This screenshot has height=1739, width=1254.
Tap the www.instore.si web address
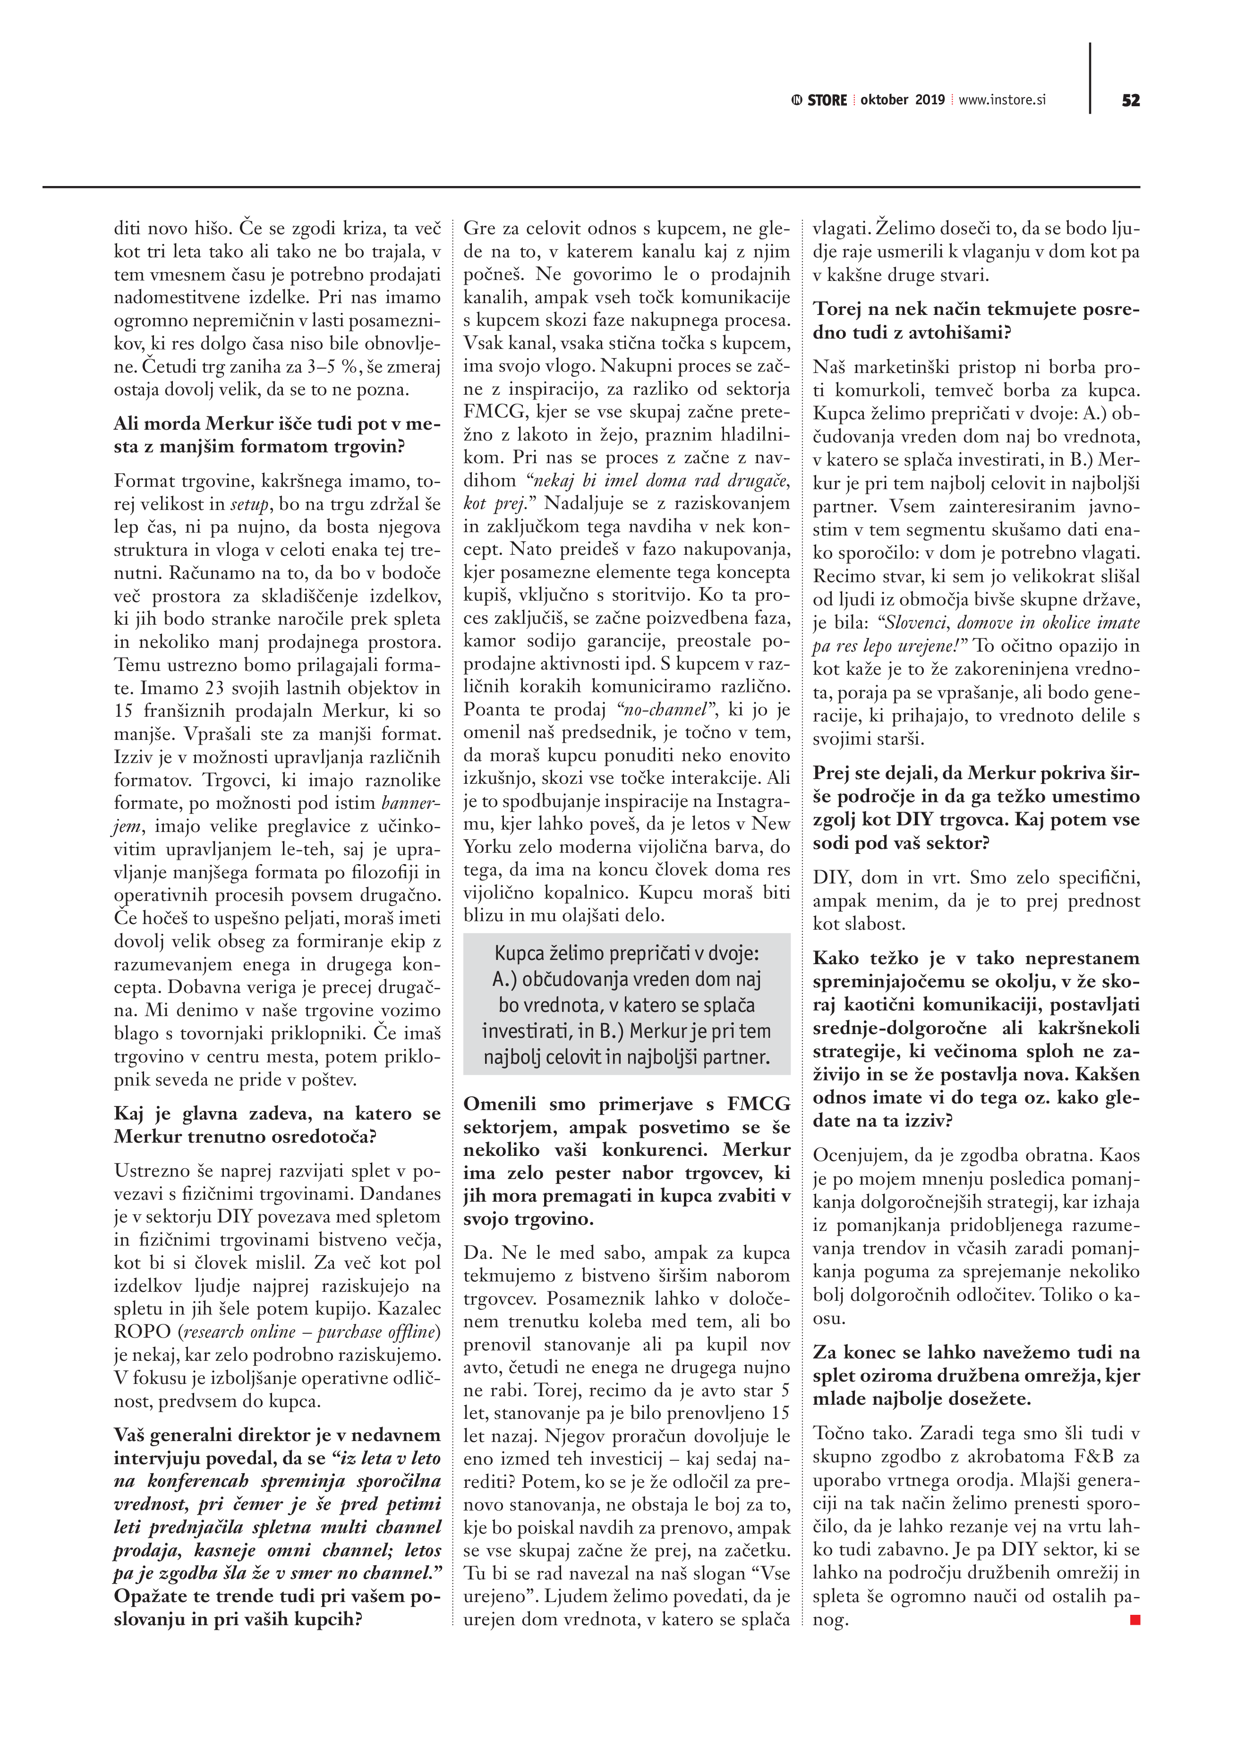1002,101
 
